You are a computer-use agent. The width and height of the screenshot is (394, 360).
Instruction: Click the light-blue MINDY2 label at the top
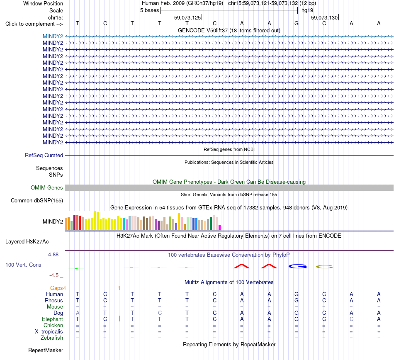point(53,36)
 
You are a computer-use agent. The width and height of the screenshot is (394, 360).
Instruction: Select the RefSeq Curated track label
point(44,155)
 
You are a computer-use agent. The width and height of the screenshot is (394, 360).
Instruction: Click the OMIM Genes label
point(47,187)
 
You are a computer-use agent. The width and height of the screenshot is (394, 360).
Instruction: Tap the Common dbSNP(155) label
point(37,200)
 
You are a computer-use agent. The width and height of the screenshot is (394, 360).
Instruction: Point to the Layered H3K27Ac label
point(27,242)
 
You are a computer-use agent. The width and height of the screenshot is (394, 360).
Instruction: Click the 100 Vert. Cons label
point(23,265)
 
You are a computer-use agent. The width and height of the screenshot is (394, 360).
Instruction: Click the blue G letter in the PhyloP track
point(298,266)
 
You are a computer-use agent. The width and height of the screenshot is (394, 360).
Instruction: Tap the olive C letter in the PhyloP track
point(324,267)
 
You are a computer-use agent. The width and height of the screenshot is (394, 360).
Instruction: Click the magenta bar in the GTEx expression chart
point(220,228)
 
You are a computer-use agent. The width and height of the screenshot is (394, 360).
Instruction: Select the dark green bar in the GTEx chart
point(211,224)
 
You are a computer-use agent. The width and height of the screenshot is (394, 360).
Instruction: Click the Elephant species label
point(53,319)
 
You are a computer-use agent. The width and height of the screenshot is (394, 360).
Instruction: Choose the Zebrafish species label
point(52,338)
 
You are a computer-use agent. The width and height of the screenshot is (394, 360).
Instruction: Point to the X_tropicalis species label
point(49,332)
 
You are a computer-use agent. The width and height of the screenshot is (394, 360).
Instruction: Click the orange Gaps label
point(56,288)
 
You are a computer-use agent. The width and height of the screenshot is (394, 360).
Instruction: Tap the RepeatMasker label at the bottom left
point(46,350)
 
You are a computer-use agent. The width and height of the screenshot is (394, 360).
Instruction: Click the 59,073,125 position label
point(187,17)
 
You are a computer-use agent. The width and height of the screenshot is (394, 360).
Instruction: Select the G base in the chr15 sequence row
point(297,23)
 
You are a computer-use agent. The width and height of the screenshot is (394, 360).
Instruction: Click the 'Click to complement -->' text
point(34,24)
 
